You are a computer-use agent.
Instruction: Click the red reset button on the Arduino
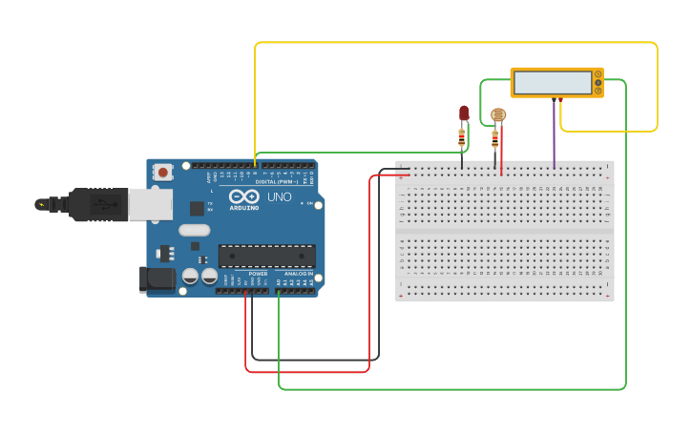click(163, 173)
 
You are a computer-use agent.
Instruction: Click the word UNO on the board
click(279, 197)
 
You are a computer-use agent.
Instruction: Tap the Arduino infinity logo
click(243, 195)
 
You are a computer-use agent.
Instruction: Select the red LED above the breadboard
click(464, 113)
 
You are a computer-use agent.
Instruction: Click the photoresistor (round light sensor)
click(497, 114)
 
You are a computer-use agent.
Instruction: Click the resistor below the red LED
click(462, 138)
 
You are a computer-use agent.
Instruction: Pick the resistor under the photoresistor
click(494, 138)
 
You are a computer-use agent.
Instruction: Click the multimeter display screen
click(553, 83)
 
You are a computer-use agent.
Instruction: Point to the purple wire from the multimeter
click(554, 134)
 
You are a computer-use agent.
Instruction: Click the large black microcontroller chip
click(267, 256)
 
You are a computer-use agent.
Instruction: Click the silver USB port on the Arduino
click(150, 204)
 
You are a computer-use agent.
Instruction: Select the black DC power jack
click(157, 278)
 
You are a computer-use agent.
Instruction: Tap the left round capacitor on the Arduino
click(190, 276)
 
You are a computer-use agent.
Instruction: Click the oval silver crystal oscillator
click(194, 229)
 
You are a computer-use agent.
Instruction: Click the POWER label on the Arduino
click(258, 274)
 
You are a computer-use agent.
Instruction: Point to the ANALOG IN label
click(297, 274)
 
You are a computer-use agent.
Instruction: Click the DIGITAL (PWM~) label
click(276, 181)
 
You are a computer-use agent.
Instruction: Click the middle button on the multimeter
click(598, 83)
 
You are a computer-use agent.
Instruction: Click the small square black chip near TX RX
click(197, 208)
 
